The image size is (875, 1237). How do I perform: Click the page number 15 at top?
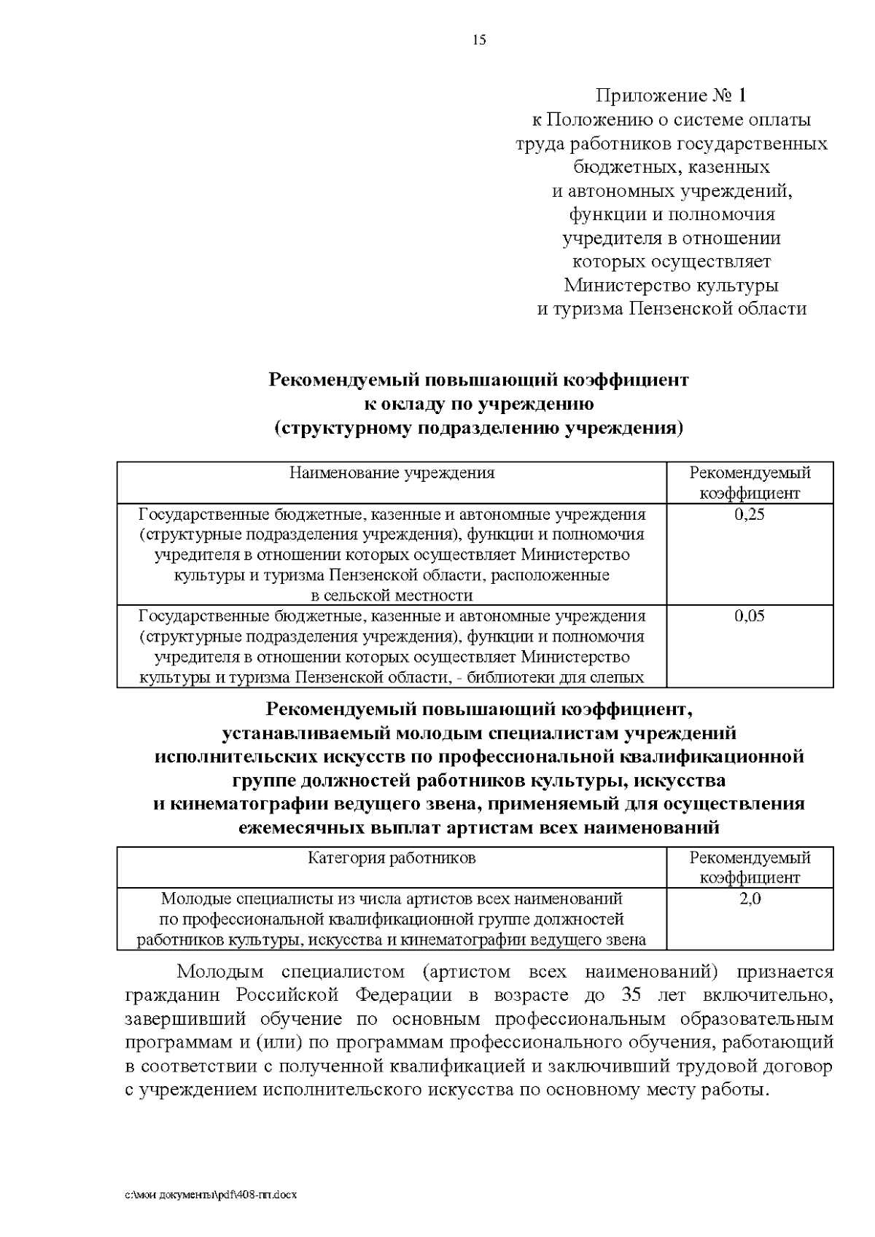(479, 40)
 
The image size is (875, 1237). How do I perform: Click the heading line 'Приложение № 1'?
(671, 95)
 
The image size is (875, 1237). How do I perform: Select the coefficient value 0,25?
(750, 515)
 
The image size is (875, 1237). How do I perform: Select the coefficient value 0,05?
(750, 617)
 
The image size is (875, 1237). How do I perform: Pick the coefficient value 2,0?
(750, 899)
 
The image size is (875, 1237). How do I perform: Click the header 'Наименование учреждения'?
(392, 473)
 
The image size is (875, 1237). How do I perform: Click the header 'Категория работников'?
(392, 858)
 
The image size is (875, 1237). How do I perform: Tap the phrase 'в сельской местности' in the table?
(392, 596)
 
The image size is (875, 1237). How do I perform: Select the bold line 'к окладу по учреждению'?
(479, 404)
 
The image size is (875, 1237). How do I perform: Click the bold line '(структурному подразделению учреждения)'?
(479, 428)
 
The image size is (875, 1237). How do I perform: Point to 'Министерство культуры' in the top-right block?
(671, 285)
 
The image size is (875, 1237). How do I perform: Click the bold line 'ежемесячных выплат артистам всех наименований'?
(479, 828)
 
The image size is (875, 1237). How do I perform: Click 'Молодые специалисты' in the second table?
(234, 899)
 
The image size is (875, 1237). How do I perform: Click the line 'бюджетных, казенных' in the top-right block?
(671, 167)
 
